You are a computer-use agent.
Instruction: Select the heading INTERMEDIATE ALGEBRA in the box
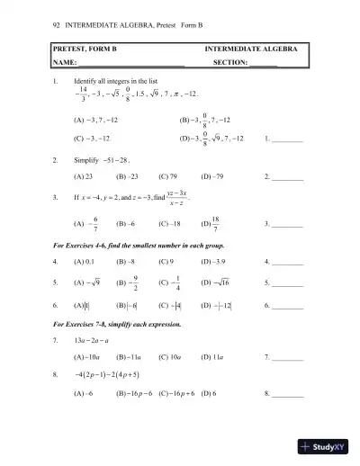(255, 47)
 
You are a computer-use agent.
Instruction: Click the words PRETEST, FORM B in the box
(83, 47)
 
